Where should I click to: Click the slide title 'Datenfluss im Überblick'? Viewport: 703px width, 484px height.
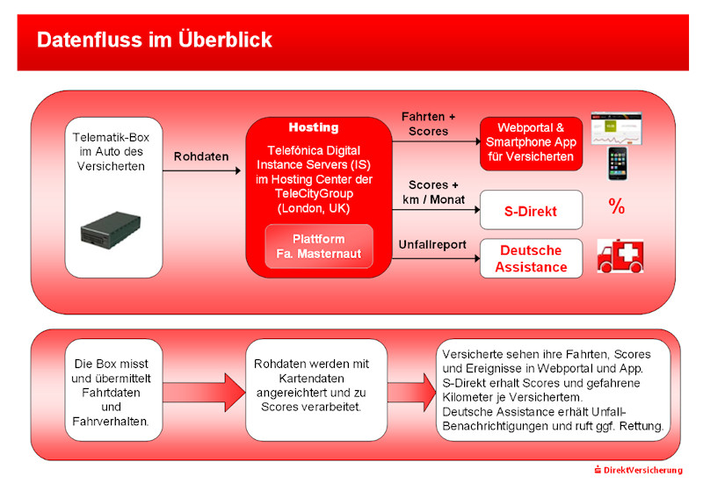point(155,40)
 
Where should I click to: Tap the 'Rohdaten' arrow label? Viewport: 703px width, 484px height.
point(201,156)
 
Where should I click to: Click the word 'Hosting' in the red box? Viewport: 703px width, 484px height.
point(314,127)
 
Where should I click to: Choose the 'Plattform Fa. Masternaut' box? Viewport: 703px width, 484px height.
point(318,246)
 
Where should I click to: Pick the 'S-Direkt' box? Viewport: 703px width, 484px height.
point(531,211)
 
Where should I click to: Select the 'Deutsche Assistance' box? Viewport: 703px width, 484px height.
point(531,258)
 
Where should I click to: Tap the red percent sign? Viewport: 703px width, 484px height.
point(616,207)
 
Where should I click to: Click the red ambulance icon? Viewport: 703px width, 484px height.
point(620,256)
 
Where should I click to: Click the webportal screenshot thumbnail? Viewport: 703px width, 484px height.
point(617,128)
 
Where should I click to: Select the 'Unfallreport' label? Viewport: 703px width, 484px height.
point(432,244)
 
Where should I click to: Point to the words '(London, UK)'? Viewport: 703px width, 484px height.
point(314,208)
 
